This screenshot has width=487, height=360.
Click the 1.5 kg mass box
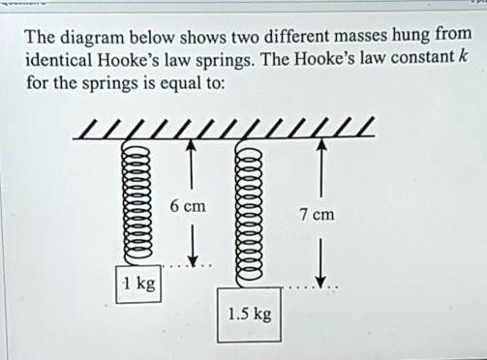[x=249, y=314]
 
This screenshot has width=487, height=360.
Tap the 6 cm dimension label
[x=187, y=206]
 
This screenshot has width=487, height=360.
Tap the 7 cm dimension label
[x=317, y=213]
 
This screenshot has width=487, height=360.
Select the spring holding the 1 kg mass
[x=136, y=207]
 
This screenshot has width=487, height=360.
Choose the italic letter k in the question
[x=465, y=58]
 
